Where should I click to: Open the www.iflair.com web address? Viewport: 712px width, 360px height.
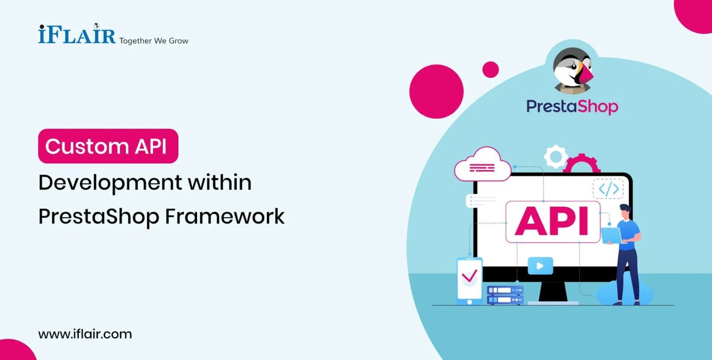pyautogui.click(x=85, y=334)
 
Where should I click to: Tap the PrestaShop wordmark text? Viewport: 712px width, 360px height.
pyautogui.click(x=572, y=107)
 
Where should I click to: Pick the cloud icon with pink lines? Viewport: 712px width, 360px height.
pyautogui.click(x=482, y=165)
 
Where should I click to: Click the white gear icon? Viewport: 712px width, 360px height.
pyautogui.click(x=556, y=157)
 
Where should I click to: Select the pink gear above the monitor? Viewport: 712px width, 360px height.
pyautogui.click(x=581, y=165)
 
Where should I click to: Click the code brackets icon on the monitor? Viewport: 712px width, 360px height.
pyautogui.click(x=608, y=189)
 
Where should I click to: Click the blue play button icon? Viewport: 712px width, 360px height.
pyautogui.click(x=540, y=266)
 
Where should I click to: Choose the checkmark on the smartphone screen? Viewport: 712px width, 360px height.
pyautogui.click(x=469, y=276)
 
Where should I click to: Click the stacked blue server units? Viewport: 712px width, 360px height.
pyautogui.click(x=505, y=295)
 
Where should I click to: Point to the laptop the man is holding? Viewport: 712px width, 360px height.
pyautogui.click(x=611, y=235)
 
